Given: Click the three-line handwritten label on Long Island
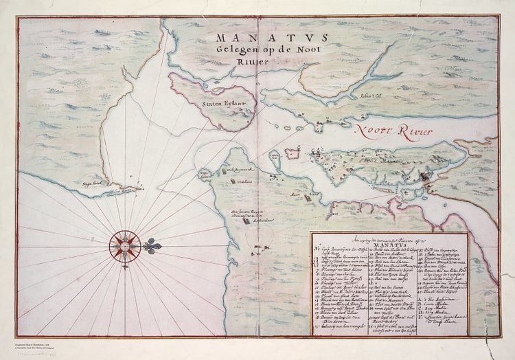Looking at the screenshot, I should pos(240,215).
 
